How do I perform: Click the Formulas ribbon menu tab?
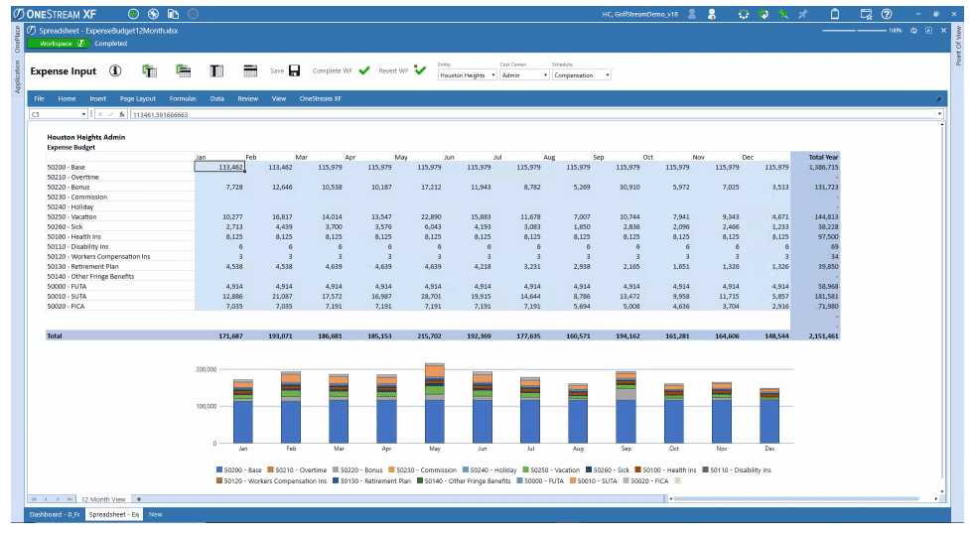(183, 99)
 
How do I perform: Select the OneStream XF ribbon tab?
(321, 99)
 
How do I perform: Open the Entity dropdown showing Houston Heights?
(467, 75)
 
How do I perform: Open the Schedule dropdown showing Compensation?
(581, 75)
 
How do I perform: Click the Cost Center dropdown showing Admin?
(524, 75)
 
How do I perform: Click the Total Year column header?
(823, 158)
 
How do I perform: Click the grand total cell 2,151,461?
(819, 336)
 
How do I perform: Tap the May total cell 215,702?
(422, 336)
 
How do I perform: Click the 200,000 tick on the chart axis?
(205, 368)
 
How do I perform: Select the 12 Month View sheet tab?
(103, 498)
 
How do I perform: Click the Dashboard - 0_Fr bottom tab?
(55, 514)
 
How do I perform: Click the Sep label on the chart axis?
(626, 450)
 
